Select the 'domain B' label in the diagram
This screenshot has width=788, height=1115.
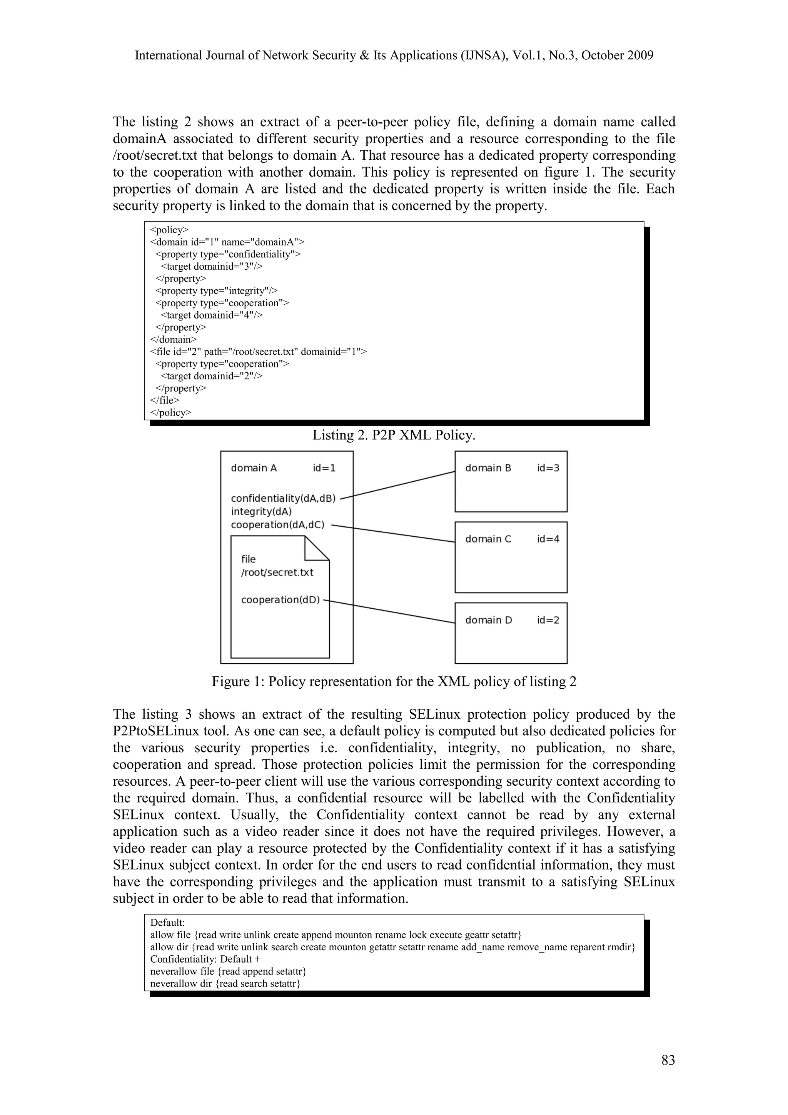488,468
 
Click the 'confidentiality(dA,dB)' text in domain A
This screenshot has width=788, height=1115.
283,498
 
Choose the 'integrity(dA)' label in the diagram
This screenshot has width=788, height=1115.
261,511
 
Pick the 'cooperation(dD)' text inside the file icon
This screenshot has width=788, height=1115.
280,600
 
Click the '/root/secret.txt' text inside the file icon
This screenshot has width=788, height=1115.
277,573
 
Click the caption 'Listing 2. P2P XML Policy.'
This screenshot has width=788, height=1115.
394,435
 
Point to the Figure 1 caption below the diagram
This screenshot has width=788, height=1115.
394,682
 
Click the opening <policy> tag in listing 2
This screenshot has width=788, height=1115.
169,230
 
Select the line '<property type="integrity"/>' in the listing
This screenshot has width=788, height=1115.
217,291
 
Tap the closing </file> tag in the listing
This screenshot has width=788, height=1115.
165,400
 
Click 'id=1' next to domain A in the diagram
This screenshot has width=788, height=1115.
324,468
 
